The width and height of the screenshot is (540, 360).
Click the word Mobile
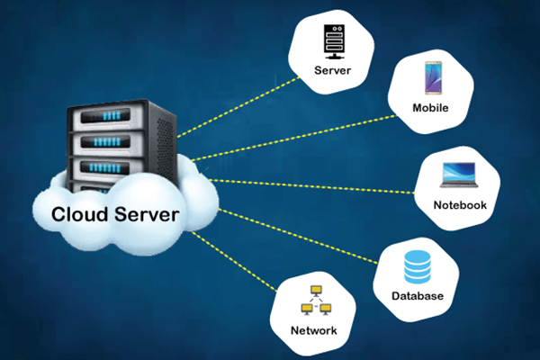point(430,110)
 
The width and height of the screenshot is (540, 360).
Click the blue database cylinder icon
point(417,265)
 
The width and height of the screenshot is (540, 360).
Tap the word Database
point(417,296)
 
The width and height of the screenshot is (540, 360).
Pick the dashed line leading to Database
point(297,236)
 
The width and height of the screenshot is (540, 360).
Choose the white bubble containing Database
point(416,274)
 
